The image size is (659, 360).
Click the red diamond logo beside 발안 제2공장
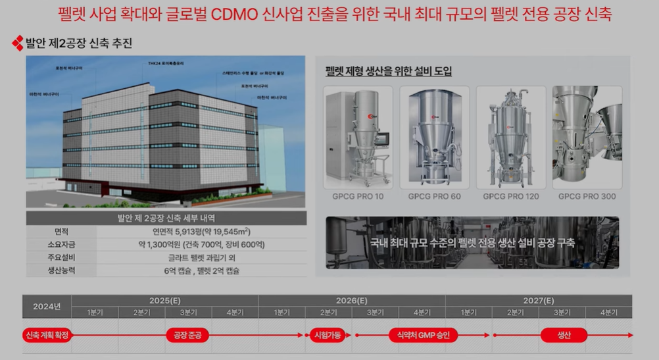coord(17,45)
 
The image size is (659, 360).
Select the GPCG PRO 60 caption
coord(434,196)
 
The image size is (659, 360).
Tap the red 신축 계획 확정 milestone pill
coord(47,335)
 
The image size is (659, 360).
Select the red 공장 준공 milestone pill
coord(187,335)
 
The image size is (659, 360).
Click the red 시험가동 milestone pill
coord(327,335)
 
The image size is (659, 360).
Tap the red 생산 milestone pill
coord(564,335)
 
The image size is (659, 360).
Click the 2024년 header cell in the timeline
coord(47,305)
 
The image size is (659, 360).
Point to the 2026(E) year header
coord(352,300)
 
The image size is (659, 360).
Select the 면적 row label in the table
coord(61,231)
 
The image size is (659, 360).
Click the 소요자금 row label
coord(61,244)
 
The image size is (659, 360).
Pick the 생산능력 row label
coord(61,270)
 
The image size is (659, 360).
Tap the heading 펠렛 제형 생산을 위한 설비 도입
coord(389,71)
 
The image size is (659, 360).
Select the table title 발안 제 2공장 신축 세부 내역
coord(166,218)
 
